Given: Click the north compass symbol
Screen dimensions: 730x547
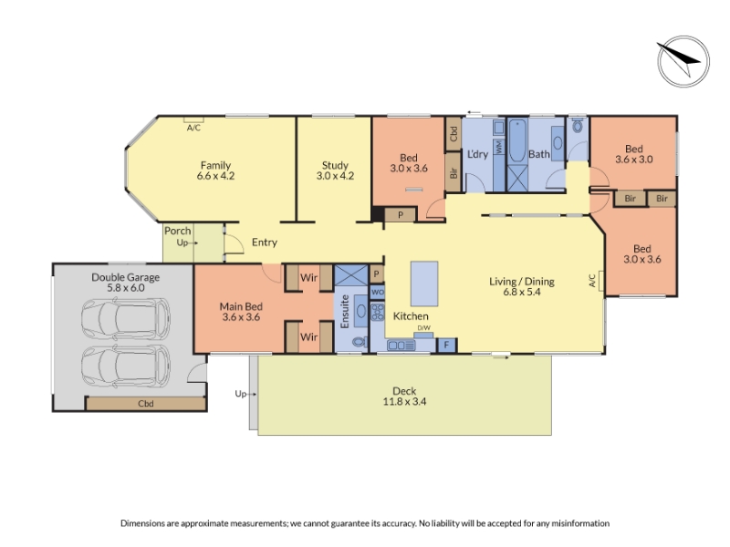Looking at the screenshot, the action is point(683,61).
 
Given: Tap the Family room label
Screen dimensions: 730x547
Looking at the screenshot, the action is point(215,165).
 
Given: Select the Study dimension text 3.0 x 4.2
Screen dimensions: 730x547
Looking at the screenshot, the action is point(335,176).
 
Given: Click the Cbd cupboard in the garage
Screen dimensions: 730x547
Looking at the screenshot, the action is point(146,403).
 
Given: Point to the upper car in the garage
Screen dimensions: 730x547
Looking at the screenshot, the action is point(126,318).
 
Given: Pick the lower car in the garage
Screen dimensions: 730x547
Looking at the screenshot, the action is point(126,366).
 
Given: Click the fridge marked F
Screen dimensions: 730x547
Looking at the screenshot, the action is point(446,346).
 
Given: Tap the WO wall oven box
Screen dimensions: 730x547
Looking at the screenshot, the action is point(377,292).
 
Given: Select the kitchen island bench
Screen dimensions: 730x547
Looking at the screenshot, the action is point(424,284).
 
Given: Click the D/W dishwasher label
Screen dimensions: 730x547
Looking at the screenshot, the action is point(423,328).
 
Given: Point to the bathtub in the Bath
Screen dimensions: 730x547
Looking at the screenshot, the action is point(517,141).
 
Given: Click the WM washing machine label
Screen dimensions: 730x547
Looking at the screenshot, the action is point(499,147).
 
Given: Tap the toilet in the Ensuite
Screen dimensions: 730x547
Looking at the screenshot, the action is point(360,343).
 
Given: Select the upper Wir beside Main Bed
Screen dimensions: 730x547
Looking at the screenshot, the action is point(309,278).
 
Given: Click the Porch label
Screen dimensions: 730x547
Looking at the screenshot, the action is point(177,231).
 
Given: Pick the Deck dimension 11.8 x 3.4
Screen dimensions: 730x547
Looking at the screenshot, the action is point(404,401).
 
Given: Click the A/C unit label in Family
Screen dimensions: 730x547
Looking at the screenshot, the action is point(193,128).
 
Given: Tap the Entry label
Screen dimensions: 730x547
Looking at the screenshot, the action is point(265,242).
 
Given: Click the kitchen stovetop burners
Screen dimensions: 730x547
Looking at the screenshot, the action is point(378,312).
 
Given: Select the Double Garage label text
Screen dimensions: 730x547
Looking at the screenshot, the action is point(126,277).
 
